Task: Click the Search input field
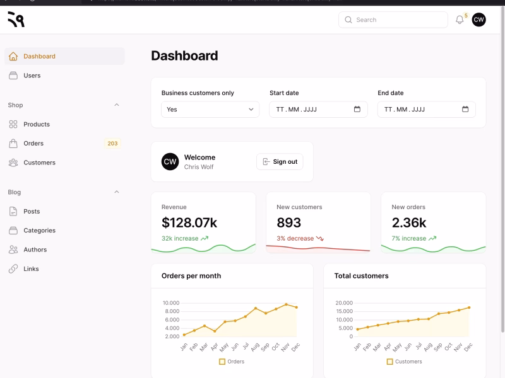coord(393,20)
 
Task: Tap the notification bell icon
coord(460,20)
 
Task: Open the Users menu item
coord(32,76)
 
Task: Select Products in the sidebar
coord(37,125)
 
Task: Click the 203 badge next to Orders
coord(112,144)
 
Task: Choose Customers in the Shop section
coord(39,163)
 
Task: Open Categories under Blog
coord(39,231)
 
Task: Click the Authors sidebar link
coord(35,249)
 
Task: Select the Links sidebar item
coord(31,269)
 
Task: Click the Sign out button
coord(280,162)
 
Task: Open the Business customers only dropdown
coord(210,110)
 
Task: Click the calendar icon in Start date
coord(357,109)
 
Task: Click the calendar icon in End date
coord(465,109)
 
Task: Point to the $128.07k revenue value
coord(189,222)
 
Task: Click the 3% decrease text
coord(295,239)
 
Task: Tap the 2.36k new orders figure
coord(409,222)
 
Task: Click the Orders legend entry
coord(232,362)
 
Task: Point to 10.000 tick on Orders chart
coord(171,303)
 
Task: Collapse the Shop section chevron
coord(116,105)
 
